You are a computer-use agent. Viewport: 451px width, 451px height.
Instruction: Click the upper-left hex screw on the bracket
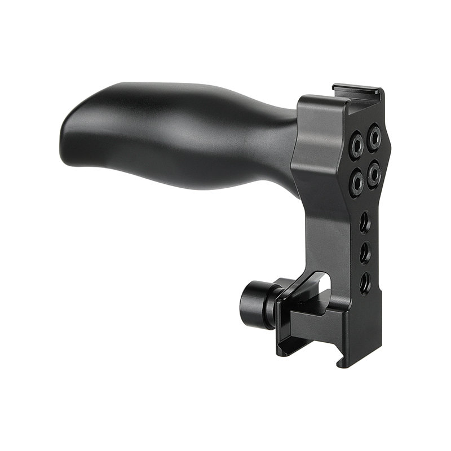(356, 145)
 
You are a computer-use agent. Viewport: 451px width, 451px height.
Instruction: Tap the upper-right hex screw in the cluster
(374, 137)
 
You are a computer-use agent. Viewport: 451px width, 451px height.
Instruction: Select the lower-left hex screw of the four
(356, 183)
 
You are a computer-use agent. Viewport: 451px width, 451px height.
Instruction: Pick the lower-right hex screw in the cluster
(374, 174)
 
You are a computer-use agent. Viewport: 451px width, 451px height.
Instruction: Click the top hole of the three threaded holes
(365, 221)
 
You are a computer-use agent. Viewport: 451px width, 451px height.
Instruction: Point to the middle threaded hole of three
(365, 251)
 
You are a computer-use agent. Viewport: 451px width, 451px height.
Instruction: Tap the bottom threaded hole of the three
(365, 282)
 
